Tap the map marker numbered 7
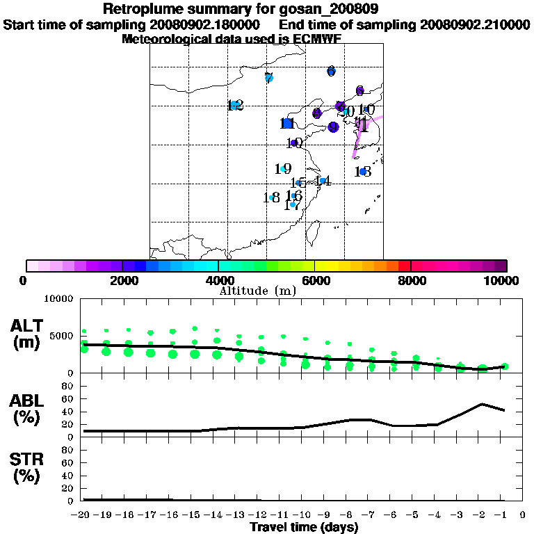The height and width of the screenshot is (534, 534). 269,78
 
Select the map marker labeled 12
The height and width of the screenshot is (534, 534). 235,106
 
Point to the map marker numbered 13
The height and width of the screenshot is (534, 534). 363,172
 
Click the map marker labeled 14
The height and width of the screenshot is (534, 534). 323,181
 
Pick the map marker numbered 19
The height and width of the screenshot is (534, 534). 283,169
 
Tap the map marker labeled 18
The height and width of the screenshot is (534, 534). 272,197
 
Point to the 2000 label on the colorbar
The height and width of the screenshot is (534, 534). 121,280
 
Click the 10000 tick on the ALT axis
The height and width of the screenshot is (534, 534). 58,299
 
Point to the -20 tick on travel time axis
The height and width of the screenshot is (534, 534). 82,515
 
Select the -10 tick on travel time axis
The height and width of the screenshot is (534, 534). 303,515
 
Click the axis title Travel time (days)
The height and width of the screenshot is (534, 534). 304,527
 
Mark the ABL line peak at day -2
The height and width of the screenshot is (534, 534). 482,403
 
